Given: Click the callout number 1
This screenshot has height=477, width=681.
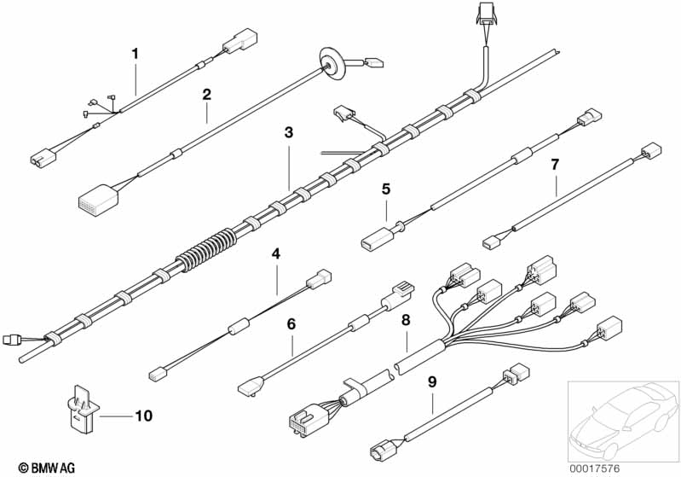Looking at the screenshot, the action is coord(135,54).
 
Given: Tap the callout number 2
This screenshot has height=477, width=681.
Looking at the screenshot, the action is coord(207,94).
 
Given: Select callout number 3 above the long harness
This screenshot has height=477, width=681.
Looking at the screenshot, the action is coord(289,132).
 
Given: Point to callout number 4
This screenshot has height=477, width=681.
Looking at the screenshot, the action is coord(276,253).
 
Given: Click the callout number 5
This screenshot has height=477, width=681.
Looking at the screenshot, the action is coord(386,189).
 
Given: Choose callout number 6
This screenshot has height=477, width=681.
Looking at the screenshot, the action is coord(291,323).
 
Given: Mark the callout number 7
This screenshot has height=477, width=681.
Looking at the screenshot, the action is coord(555,165).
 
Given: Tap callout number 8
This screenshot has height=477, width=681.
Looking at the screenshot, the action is coord(406,320).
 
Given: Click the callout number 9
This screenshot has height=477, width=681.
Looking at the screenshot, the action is coord(432,381).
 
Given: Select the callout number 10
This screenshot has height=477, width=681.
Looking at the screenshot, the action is coord(144,416).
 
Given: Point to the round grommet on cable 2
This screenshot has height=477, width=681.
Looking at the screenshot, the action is coord(332,64).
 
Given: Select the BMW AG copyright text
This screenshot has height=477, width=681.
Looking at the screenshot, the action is coord(47,468).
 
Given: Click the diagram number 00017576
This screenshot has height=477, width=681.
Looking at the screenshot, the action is coord(595,468).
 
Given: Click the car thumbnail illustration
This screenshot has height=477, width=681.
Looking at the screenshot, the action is coord(624,421).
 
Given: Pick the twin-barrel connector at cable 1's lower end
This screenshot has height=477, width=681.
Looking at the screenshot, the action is coord(43,156).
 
